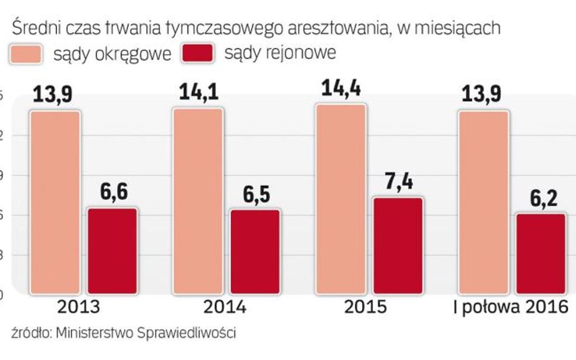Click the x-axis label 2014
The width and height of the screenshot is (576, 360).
[225, 307]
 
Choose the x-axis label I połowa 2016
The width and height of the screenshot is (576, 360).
[511, 307]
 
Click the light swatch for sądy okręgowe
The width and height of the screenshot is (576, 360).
[26, 54]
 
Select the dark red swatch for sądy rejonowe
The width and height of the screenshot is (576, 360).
[198, 54]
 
